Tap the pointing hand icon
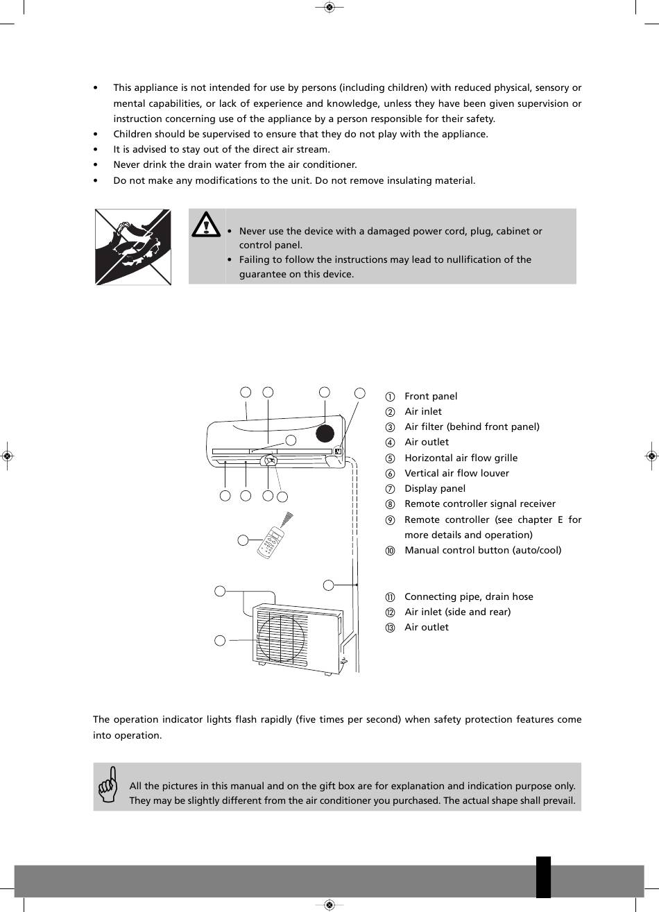108,784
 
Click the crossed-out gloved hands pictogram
132,247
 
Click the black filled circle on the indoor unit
325,433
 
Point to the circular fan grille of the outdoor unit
282,638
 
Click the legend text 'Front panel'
431,396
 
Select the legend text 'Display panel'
434,488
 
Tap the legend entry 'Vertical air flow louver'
456,473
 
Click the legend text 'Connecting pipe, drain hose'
468,596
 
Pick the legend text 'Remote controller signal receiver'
480,504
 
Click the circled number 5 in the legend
390,458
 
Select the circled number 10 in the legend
390,551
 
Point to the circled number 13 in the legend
390,628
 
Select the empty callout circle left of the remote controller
243,540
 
